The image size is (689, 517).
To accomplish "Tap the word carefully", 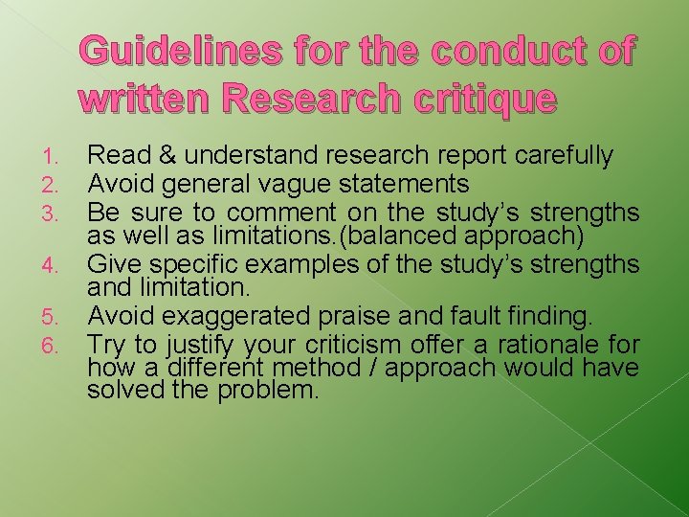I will [x=567, y=156].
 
